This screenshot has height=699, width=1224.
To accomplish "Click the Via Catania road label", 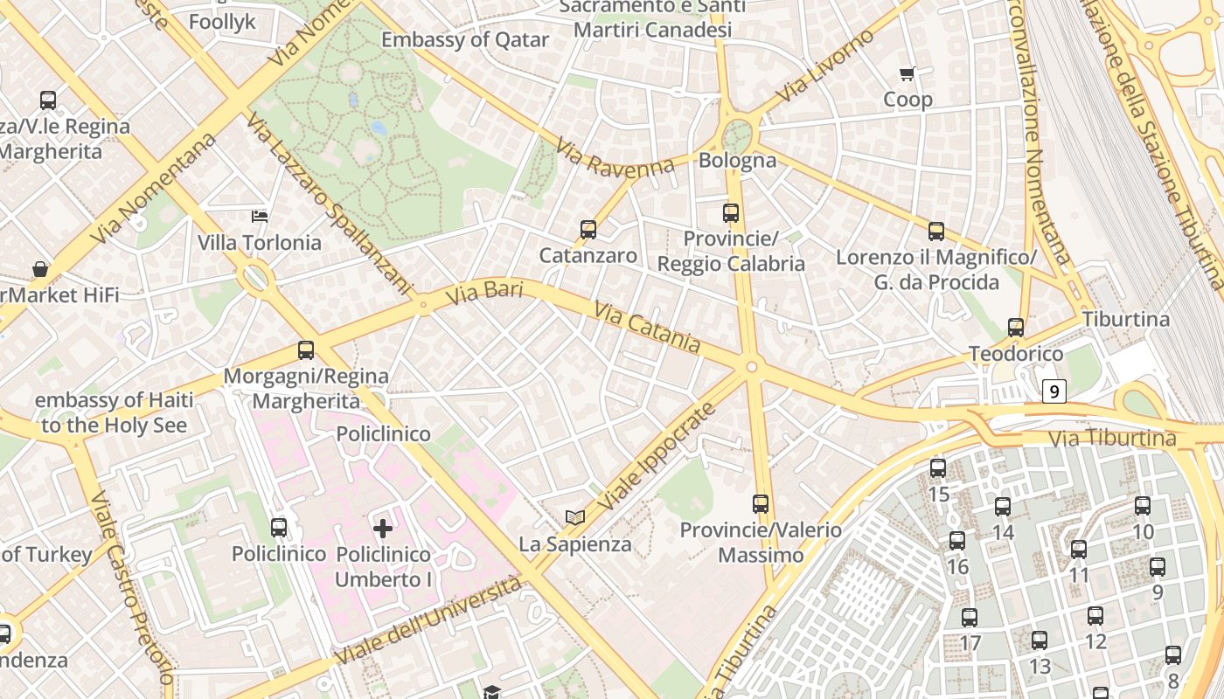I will coord(647,328).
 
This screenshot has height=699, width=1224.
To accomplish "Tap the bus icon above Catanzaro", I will coord(588,230).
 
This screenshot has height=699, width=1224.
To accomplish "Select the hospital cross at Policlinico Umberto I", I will coord(383,528).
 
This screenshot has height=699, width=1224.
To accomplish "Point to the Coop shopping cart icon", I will coord(908,74).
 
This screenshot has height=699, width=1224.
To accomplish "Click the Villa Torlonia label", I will coord(260,242).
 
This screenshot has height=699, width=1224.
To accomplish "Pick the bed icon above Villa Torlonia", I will coord(260,216).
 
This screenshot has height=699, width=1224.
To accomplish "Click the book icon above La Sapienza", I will coord(574,518).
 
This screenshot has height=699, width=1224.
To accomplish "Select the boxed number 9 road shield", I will coord(1054,391).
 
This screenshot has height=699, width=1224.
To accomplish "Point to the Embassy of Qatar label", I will coord(465,39).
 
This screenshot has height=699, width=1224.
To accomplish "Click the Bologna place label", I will coord(737,160).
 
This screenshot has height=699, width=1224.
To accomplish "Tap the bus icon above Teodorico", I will coord(1016,328).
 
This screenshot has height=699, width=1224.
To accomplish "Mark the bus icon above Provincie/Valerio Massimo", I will coord(761,504).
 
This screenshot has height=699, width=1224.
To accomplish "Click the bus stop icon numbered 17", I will coord(970,618).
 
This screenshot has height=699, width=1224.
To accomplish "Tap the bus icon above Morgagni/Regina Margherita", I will coord(306,350).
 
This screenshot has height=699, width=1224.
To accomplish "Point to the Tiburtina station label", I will coord(1126,319).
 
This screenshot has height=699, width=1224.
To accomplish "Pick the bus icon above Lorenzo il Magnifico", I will coord(936,232).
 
